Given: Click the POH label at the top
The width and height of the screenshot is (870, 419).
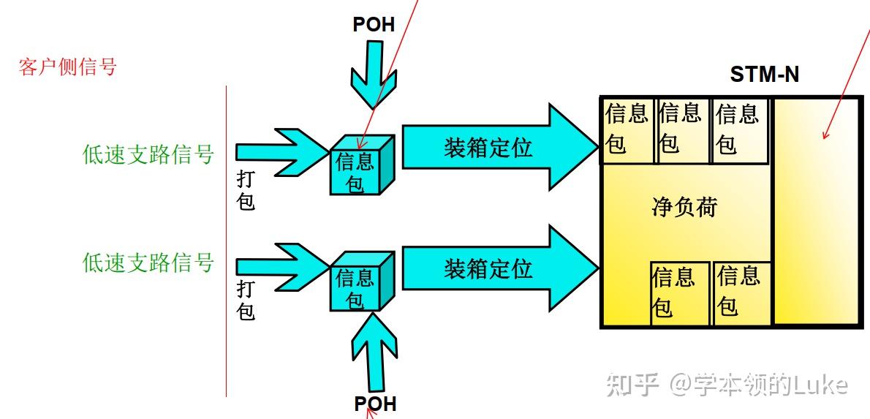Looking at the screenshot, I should tap(374, 25).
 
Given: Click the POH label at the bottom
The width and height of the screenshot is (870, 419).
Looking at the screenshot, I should tap(375, 404).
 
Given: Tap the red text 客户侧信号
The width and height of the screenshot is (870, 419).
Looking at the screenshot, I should tap(67, 67).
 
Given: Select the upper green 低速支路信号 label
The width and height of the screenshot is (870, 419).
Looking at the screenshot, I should tap(148, 154).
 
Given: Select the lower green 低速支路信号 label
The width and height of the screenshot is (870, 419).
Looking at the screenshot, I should tap(148, 262).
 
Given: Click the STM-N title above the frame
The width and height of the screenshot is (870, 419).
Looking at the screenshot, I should tap(764, 75).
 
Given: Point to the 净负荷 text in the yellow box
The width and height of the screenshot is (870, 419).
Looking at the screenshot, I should tap(684, 207).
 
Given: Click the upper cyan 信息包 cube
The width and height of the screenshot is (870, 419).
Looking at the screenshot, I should tap(358, 168).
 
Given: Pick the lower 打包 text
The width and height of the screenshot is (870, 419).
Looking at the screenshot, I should tap(246, 300).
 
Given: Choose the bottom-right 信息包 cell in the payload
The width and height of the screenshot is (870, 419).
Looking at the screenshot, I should tap(740, 292).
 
